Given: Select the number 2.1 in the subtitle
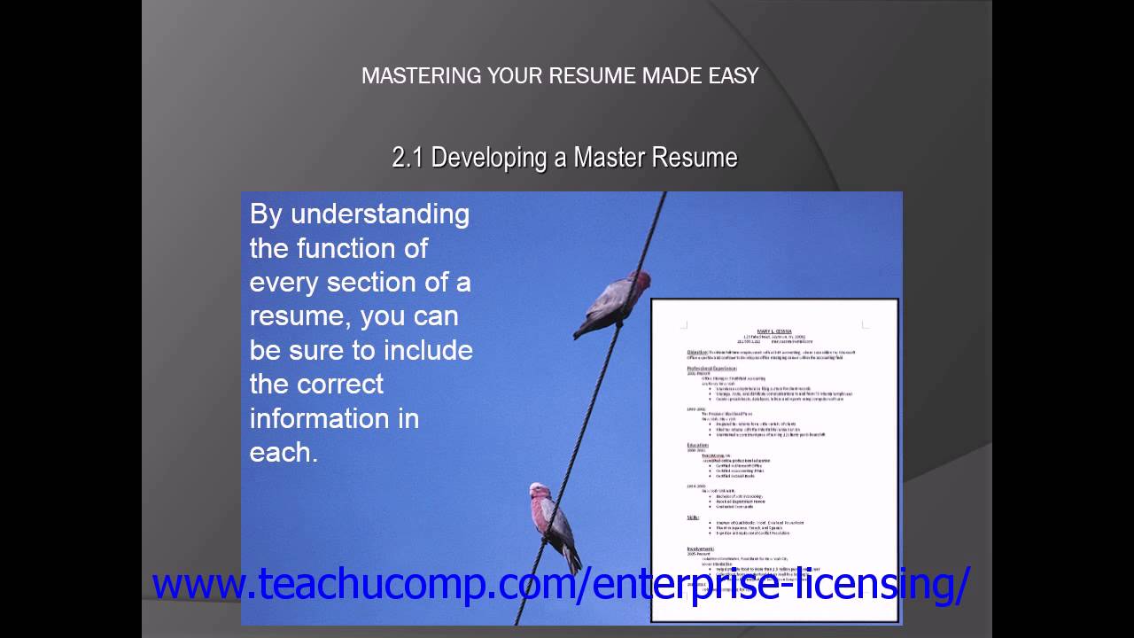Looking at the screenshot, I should (x=408, y=158).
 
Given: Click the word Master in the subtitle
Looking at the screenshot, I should (x=610, y=158).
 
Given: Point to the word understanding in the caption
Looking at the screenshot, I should (x=380, y=214).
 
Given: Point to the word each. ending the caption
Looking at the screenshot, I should (x=283, y=452).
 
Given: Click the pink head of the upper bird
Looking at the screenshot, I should (x=640, y=282).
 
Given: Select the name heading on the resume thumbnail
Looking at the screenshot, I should (x=774, y=331).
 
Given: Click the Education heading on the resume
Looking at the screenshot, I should (x=698, y=445).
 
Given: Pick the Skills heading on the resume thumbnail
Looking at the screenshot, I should (x=694, y=517).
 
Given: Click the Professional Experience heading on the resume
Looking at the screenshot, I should (x=712, y=367).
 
